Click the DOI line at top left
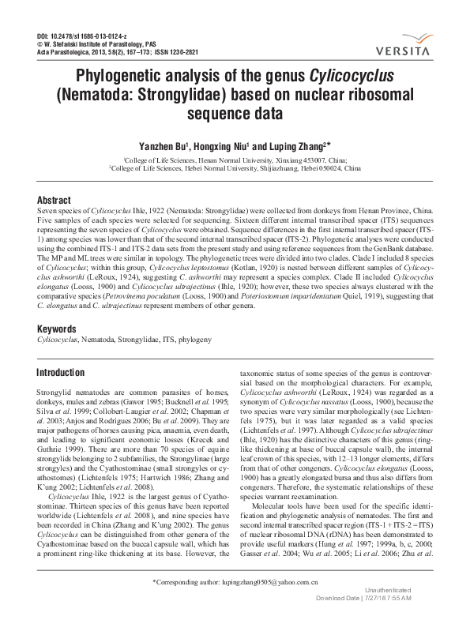click(77, 37)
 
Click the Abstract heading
click(54, 201)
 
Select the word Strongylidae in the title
click(197, 96)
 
